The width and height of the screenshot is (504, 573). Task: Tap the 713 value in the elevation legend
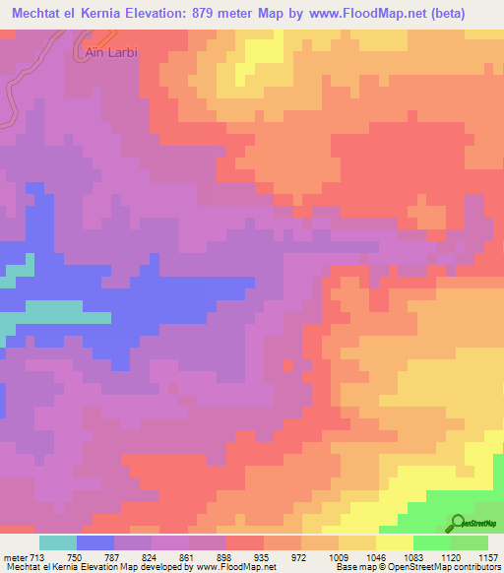(x=38, y=556)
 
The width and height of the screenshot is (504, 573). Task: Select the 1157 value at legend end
(x=486, y=556)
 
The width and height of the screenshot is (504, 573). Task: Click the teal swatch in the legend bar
(x=58, y=542)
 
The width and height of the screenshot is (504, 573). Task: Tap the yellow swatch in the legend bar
(x=394, y=542)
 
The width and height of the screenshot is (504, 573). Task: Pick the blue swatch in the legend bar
(x=95, y=542)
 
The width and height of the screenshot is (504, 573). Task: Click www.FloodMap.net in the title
(x=364, y=14)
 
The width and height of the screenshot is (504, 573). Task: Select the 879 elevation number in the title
(x=250, y=14)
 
